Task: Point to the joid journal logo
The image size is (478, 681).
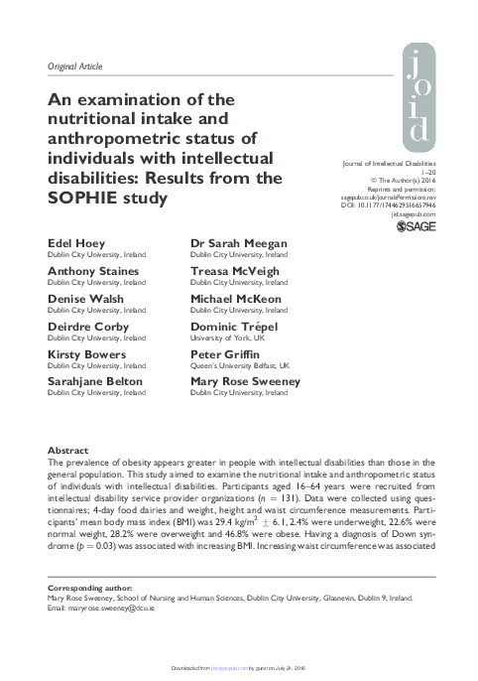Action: [419, 98]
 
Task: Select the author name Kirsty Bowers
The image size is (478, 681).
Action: [86, 353]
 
